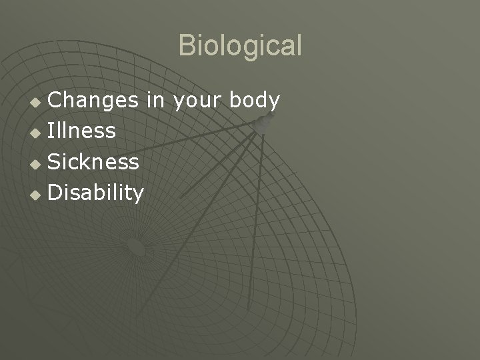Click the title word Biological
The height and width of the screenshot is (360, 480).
point(240,46)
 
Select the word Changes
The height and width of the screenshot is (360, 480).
point(93,101)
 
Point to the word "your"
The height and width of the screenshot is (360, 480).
point(198,102)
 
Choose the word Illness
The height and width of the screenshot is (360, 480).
point(82,131)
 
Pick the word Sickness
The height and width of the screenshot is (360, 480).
point(94,162)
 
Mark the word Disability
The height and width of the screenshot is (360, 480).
point(96,193)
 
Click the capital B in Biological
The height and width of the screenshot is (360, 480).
point(187,46)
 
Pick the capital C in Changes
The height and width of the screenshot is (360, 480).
point(56,101)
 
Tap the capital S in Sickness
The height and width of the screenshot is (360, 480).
point(55,162)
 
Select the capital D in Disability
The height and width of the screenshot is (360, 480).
point(57,193)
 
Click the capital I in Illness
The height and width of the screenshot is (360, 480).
point(51,131)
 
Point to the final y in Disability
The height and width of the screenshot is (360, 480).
point(139,196)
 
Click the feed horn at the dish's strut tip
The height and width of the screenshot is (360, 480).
point(266,122)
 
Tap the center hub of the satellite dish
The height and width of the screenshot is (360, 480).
point(136,247)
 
